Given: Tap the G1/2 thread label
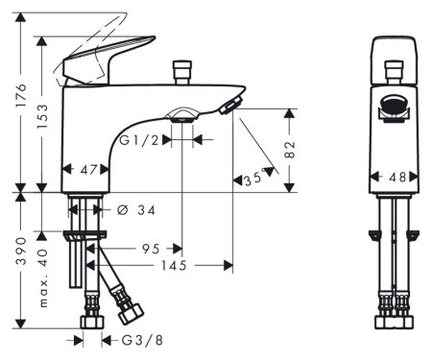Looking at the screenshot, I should (141, 139).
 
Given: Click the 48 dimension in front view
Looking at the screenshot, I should (395, 177).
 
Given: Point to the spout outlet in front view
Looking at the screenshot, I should (394, 108).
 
